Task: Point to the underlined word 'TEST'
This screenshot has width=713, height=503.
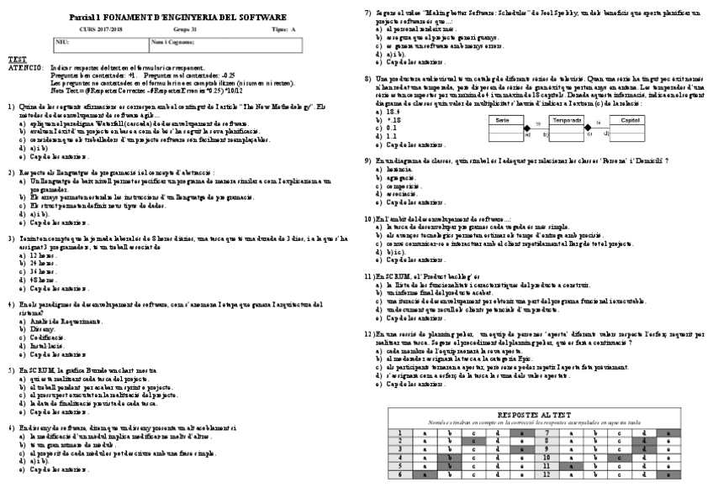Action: click(17, 59)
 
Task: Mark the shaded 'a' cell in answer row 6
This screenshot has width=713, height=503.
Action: click(425, 474)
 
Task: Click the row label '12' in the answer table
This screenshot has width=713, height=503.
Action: click(547, 474)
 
